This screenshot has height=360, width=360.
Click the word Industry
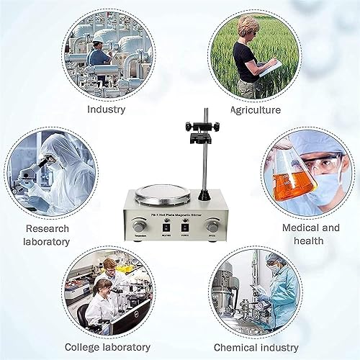(x=106, y=109)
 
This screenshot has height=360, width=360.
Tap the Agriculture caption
(x=255, y=110)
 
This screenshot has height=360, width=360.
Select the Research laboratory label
(x=48, y=235)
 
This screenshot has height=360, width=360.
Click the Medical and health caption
(x=310, y=234)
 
